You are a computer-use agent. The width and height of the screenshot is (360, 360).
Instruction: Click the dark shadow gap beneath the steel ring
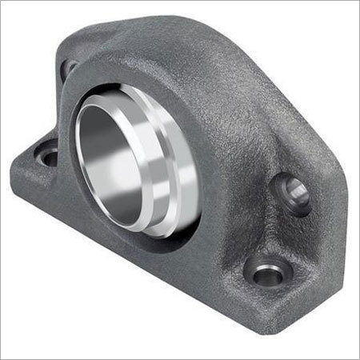160,240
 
